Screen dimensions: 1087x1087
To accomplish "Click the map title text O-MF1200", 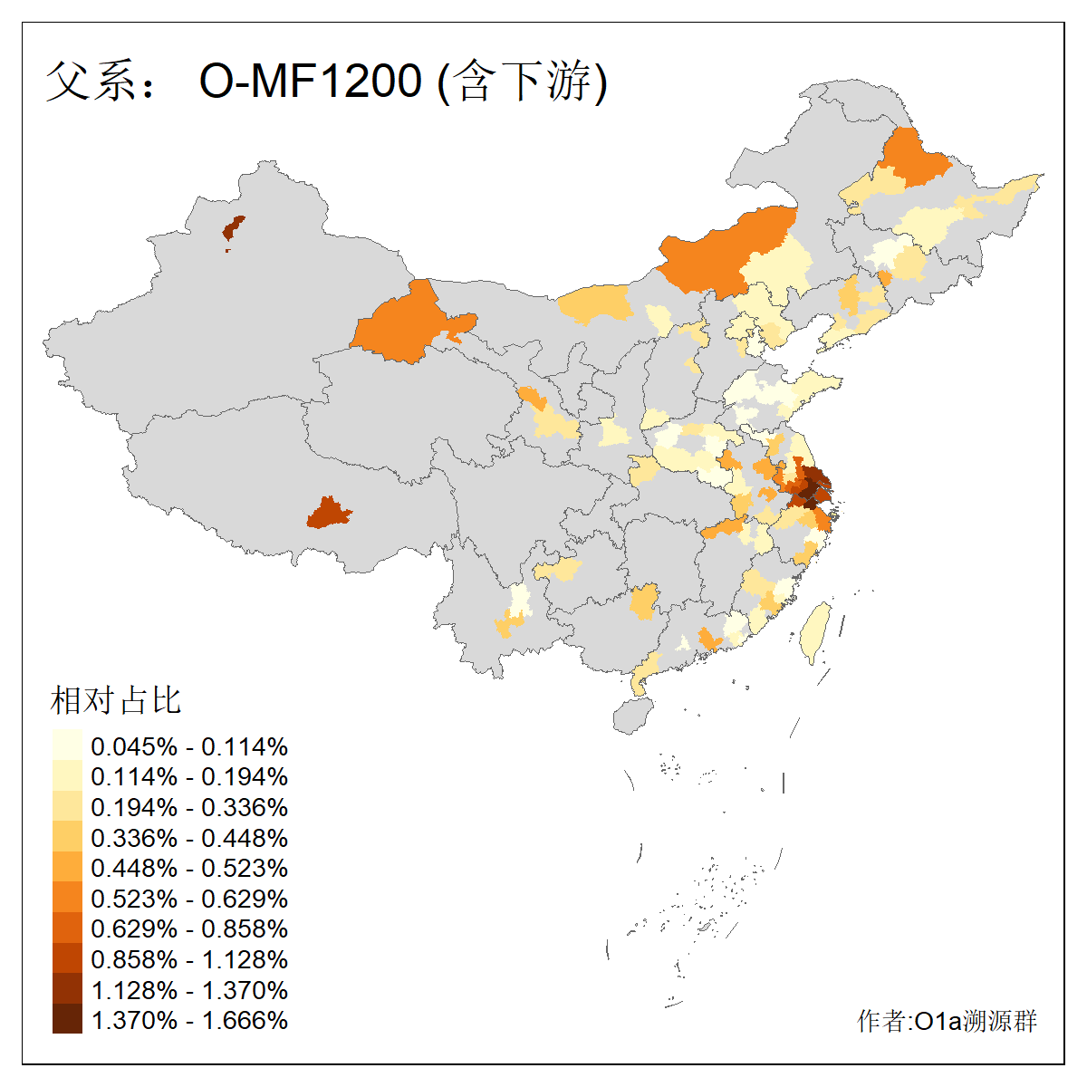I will pos(311,82).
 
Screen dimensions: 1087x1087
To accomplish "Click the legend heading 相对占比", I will pos(115,700).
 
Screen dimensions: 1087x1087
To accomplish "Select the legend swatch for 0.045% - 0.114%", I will pos(67,746).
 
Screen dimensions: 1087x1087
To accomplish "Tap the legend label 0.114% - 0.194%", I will pos(189,777).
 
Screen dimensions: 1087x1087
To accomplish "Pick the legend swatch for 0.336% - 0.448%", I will pos(67,837).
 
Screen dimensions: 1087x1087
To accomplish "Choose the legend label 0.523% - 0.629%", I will pos(189,899).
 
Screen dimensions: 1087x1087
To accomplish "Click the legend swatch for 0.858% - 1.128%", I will pos(67,958).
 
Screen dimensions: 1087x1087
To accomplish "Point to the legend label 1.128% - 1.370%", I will pos(189,990).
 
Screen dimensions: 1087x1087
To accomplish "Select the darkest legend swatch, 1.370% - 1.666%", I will pos(67,1020).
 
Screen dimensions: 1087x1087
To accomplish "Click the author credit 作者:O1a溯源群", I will pos(947,1022).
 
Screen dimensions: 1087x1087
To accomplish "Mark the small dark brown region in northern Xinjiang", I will pos(234,228).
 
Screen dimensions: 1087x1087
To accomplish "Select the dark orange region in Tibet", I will pos(328,514).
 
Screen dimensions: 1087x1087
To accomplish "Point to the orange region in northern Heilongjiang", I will pos(910,159).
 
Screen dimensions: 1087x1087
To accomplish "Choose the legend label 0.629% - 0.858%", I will pos(189,929).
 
